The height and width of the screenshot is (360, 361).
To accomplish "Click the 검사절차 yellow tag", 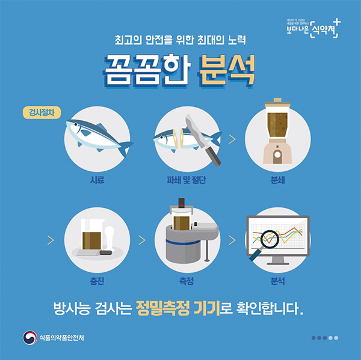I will pyautogui.click(x=40, y=112).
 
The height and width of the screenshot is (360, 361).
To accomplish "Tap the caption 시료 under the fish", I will pyautogui.click(x=96, y=180).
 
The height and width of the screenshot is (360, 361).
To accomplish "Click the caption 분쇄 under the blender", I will pyautogui.click(x=278, y=180).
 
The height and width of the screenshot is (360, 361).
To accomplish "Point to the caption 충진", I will pyautogui.click(x=96, y=280).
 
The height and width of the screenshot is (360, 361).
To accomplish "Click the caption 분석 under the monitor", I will pyautogui.click(x=278, y=280).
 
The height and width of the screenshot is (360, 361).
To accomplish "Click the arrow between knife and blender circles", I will pyautogui.click(x=232, y=140).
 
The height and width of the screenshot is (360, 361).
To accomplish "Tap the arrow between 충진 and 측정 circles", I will pyautogui.click(x=141, y=240).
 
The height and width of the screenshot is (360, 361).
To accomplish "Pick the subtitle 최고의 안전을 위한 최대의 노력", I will pyautogui.click(x=180, y=42).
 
